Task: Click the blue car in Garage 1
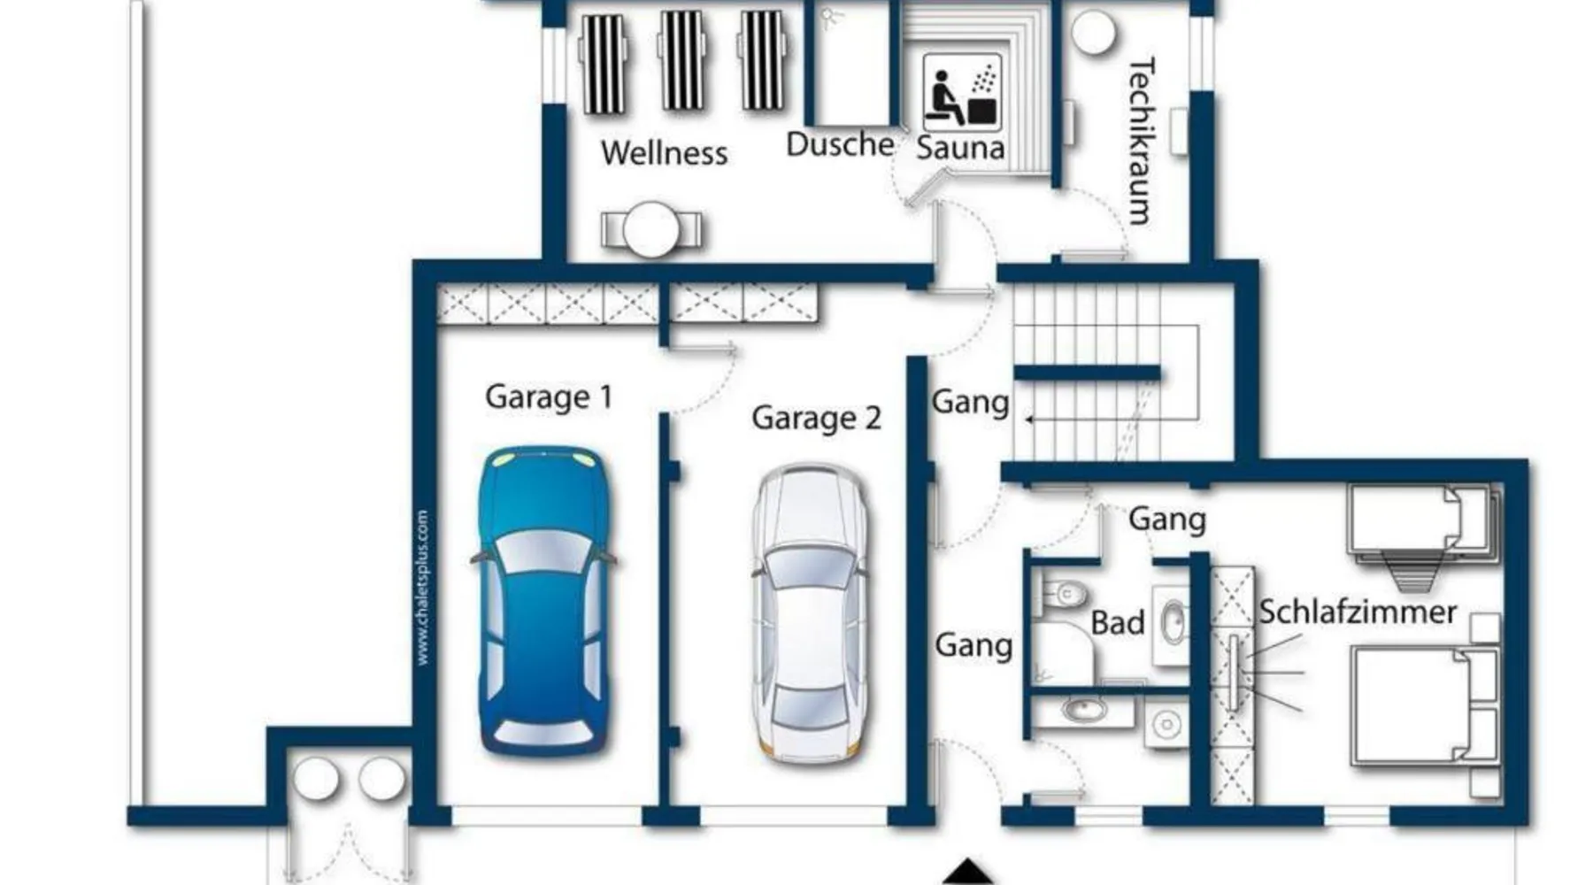[543, 601]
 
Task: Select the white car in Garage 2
[810, 613]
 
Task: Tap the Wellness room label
[665, 153]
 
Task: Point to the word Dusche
[840, 144]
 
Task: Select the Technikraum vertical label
[1142, 141]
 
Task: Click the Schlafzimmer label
[1358, 612]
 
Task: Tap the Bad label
[1118, 623]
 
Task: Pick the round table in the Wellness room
[651, 229]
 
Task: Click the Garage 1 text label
[549, 396]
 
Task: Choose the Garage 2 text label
[816, 418]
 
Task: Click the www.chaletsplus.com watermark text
[423, 587]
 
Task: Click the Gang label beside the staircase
[971, 403]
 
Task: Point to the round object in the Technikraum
[1094, 33]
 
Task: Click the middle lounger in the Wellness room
[682, 59]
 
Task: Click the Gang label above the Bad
[1167, 519]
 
